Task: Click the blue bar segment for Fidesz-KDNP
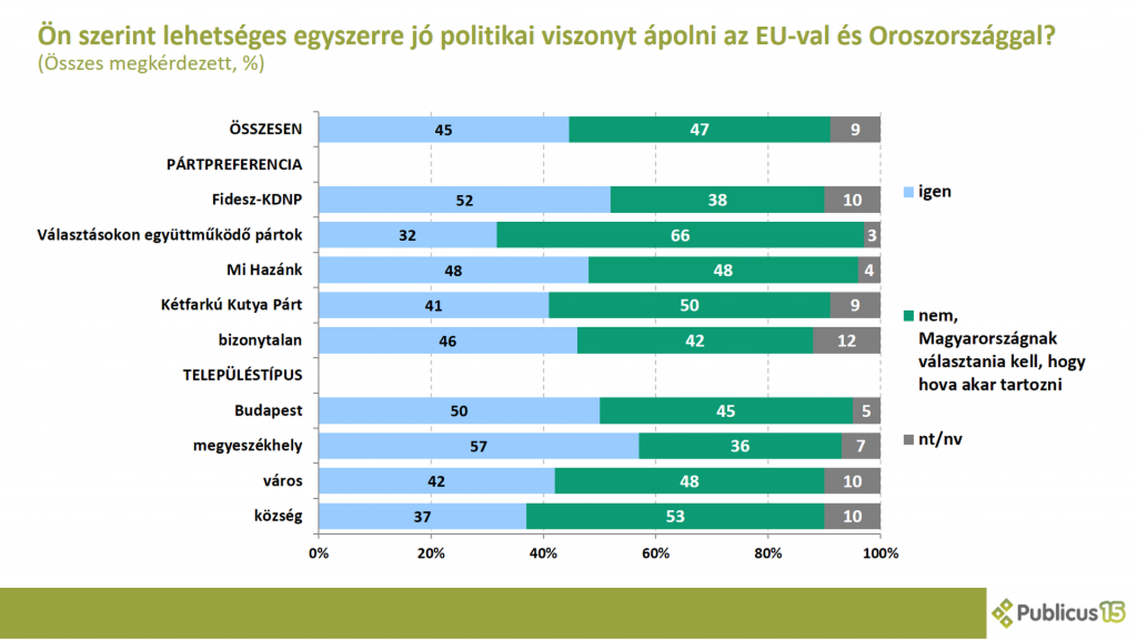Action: [x=465, y=199]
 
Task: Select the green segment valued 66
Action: [x=680, y=235]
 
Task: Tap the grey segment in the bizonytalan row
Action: [x=847, y=340]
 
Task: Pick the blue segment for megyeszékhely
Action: [x=479, y=446]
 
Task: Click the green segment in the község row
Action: [x=675, y=516]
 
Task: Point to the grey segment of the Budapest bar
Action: [x=866, y=411]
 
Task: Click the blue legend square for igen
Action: [x=908, y=192]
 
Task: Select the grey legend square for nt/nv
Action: [x=908, y=440]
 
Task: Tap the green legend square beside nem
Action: [x=908, y=316]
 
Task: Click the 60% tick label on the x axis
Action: [x=656, y=553]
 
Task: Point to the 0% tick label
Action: [x=319, y=553]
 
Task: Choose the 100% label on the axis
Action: [x=881, y=553]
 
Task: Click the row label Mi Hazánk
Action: [x=264, y=270]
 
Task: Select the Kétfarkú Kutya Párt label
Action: [x=232, y=305]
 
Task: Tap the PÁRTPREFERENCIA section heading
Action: [x=234, y=165]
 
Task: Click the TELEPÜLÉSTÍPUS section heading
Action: [x=242, y=375]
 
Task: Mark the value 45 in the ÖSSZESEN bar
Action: [x=444, y=130]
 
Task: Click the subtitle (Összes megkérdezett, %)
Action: [x=151, y=63]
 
